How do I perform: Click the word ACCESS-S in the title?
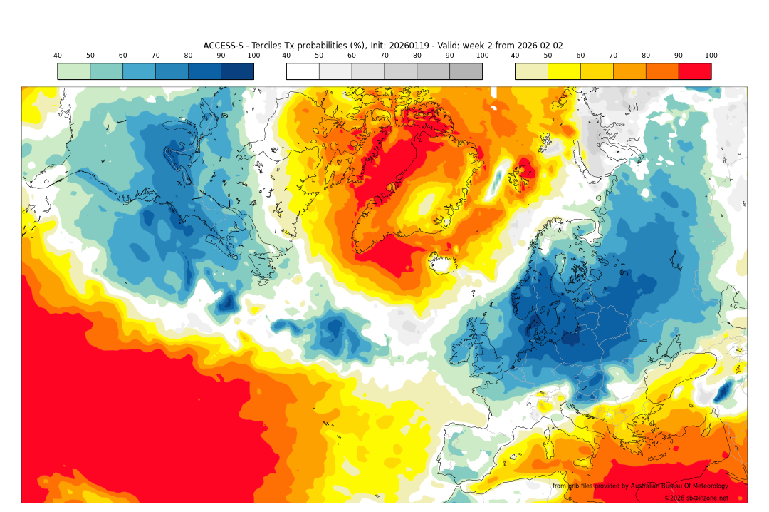221,46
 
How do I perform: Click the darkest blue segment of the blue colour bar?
237,71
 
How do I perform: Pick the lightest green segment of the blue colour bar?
74,71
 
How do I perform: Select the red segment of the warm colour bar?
694,71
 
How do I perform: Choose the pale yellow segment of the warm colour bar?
531,71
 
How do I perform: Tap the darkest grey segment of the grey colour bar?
466,71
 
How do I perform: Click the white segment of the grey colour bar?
303,71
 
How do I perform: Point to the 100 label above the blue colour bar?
253,56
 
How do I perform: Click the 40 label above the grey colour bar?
286,56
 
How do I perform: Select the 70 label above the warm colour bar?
613,56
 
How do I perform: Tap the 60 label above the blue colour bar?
122,56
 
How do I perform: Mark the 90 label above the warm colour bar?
679,56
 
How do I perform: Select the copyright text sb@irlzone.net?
696,498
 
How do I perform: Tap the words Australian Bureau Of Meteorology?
679,486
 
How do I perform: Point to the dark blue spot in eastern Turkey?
725,390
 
